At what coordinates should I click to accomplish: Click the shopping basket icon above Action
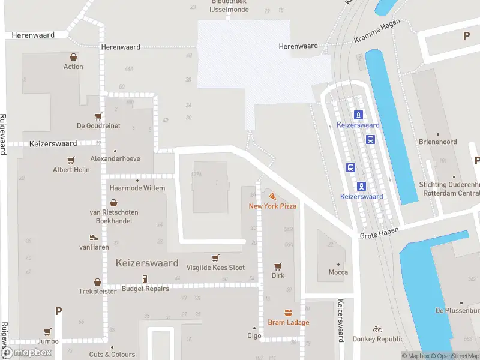point(73,57)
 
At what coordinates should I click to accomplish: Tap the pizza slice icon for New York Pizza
point(273,196)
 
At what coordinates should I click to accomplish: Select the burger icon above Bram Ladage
point(289,313)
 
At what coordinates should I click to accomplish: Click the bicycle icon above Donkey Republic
point(377,329)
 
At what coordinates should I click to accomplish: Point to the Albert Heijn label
point(71,170)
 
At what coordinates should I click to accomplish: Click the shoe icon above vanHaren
point(93,238)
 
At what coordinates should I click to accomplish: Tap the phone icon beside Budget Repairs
point(145,278)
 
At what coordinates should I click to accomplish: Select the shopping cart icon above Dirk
point(278,266)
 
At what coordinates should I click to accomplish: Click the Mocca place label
point(338,272)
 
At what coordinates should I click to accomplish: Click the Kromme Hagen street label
point(376,38)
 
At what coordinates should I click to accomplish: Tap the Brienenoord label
point(437,142)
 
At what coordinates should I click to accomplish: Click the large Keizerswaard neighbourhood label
point(147,263)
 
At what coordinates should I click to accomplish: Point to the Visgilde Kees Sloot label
point(215,268)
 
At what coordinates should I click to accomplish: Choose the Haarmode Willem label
point(137,188)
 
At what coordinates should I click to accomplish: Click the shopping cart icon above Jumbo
point(47,331)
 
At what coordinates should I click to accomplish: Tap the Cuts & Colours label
point(112,355)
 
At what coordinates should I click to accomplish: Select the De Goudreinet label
point(98,126)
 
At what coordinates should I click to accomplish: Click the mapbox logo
point(28,352)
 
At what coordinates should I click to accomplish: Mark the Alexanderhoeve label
point(115,159)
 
